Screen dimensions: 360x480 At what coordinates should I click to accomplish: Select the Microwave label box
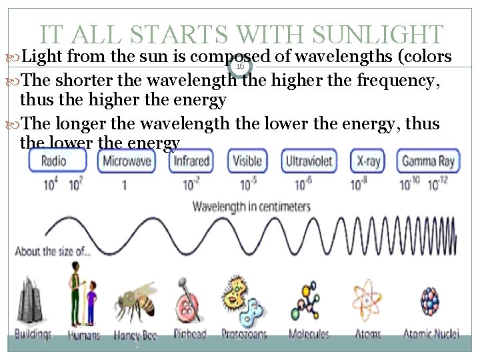pyautogui.click(x=127, y=161)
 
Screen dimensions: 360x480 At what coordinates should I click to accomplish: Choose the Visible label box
pyautogui.click(x=246, y=161)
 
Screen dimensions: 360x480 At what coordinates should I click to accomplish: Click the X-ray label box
pyautogui.click(x=368, y=161)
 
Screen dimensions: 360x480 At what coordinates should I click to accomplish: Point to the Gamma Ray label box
pyautogui.click(x=427, y=161)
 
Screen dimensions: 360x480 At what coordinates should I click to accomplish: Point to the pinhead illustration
pyautogui.click(x=189, y=299)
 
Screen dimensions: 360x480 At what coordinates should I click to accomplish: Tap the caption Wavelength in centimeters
pyautogui.click(x=251, y=207)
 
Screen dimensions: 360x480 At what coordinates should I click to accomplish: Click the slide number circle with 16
pyautogui.click(x=239, y=65)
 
